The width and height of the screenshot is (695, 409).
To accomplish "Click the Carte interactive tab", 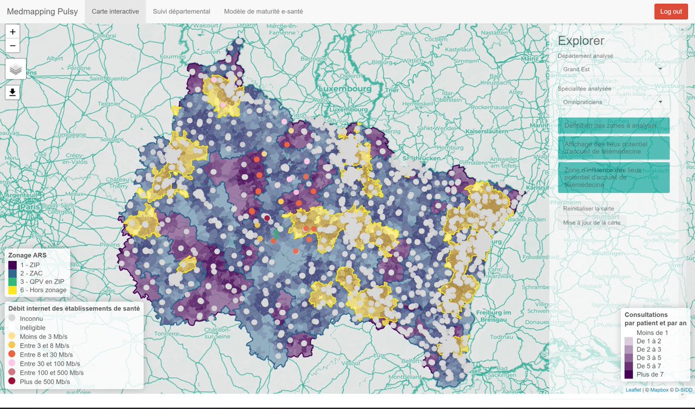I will (x=115, y=12).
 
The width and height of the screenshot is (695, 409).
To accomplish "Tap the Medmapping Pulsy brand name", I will (x=42, y=12).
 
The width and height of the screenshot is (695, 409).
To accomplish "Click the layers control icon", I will (x=16, y=69).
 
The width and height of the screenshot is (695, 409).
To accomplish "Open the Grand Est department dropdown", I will (x=613, y=69).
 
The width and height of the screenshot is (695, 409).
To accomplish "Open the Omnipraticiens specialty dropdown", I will (x=613, y=101).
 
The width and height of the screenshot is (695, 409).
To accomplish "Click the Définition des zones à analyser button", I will (x=613, y=126).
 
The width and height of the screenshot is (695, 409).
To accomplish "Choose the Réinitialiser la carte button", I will (x=588, y=208).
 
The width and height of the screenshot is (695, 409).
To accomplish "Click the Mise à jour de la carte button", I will (x=591, y=222).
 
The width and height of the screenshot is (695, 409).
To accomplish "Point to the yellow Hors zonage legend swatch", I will (x=13, y=290).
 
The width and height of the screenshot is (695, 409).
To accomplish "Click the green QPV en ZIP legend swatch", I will (x=13, y=281).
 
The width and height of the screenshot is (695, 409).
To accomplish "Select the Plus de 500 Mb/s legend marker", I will (x=13, y=381).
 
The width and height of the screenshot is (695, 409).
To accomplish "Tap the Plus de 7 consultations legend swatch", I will (x=629, y=374).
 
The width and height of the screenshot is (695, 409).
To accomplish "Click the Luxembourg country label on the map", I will (x=344, y=90).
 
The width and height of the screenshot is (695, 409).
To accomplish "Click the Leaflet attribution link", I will (x=633, y=390).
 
